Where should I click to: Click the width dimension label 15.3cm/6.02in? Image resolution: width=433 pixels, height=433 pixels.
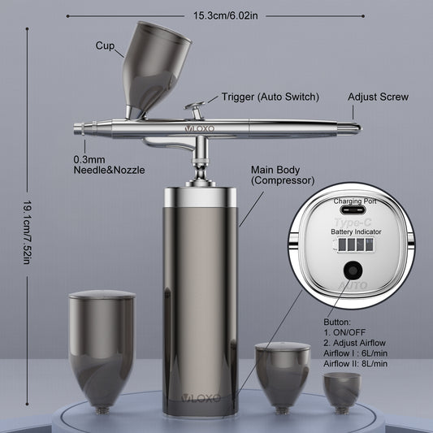coord(225,15)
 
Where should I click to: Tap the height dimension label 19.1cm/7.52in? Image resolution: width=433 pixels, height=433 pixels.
coord(27,232)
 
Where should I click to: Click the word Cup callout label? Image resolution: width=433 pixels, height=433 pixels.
coord(105,45)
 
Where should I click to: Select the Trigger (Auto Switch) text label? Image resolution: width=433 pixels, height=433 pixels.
coord(270,97)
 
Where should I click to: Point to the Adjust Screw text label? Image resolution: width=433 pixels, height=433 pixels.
coord(378,97)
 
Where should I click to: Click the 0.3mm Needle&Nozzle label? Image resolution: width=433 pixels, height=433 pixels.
coord(109,165)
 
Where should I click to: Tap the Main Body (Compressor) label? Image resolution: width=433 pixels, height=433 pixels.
coord(283,175)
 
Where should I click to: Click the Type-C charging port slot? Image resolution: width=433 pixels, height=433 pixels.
coord(353,210)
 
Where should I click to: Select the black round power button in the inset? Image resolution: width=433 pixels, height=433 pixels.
coord(353,271)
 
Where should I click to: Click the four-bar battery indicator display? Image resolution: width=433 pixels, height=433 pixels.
coord(356,245)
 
